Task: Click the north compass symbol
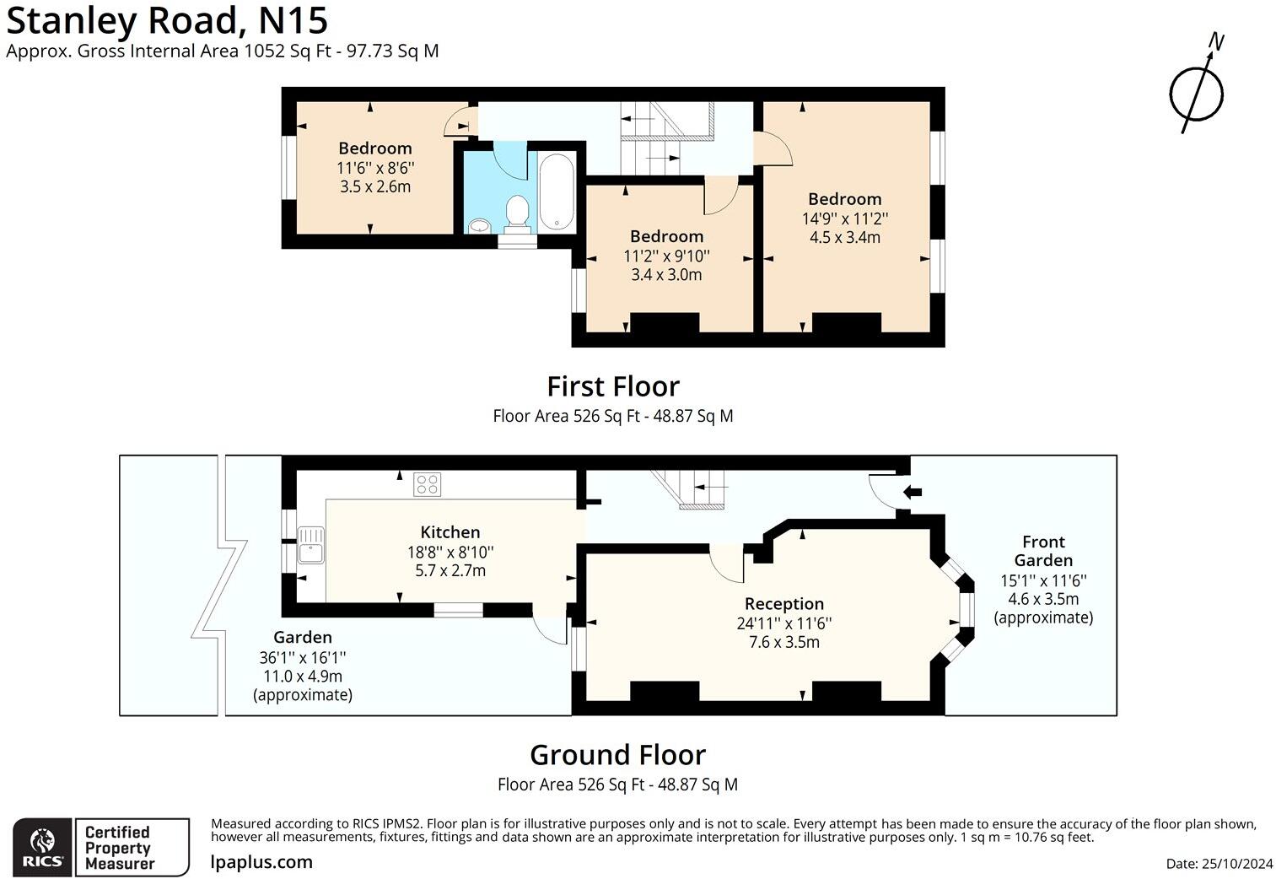pyautogui.click(x=1197, y=92)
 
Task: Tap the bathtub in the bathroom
pyautogui.click(x=557, y=191)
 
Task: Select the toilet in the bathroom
pyautogui.click(x=516, y=213)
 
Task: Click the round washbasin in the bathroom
pyautogui.click(x=480, y=225)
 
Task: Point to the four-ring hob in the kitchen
pyautogui.click(x=427, y=484)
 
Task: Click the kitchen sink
pyautogui.click(x=310, y=544)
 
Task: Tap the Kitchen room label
pyautogui.click(x=450, y=532)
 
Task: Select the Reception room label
pyautogui.click(x=783, y=604)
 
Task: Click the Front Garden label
pyautogui.click(x=1043, y=551)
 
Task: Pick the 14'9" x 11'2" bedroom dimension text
pyautogui.click(x=844, y=218)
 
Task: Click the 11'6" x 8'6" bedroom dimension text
pyautogui.click(x=375, y=168)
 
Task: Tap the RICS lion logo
pyautogui.click(x=42, y=846)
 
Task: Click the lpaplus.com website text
pyautogui.click(x=261, y=862)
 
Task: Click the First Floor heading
pyautogui.click(x=613, y=386)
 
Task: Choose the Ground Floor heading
pyautogui.click(x=617, y=754)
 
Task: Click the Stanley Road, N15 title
pyautogui.click(x=167, y=20)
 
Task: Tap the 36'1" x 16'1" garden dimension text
pyautogui.click(x=303, y=657)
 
